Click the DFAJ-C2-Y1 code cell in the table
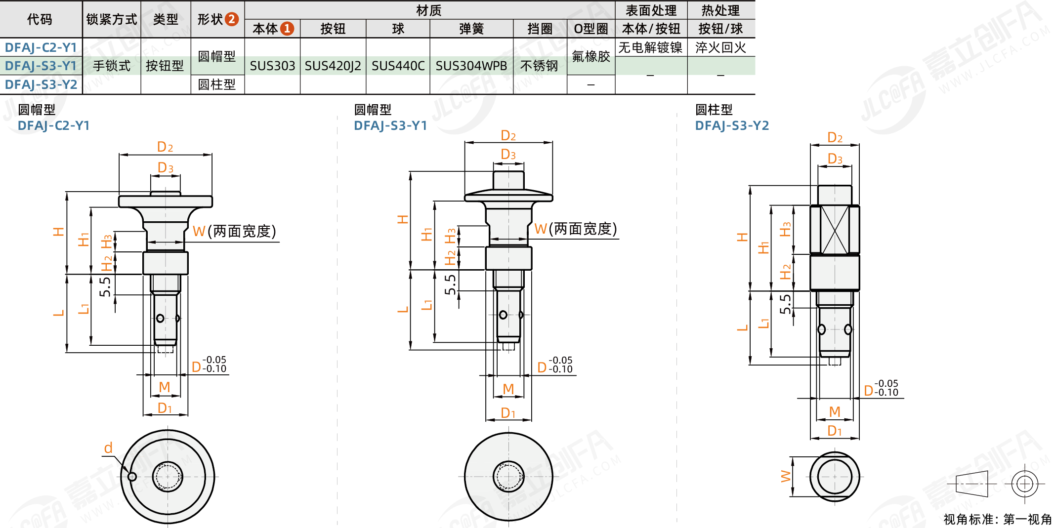[x=41, y=47]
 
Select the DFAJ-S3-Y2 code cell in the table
[x=41, y=84]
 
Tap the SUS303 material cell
[x=272, y=66]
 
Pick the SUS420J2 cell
[x=333, y=66]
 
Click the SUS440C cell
[x=398, y=66]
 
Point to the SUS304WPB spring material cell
[x=471, y=66]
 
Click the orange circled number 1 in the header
[x=287, y=29]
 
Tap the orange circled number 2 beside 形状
[x=232, y=19]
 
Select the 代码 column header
[x=40, y=19]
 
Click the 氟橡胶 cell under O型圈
[x=591, y=56]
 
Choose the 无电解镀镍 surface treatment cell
[x=650, y=47]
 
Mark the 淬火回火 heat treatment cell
[x=720, y=47]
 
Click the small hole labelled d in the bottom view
[x=132, y=477]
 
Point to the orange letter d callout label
[x=108, y=448]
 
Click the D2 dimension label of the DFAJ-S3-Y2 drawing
[x=835, y=137]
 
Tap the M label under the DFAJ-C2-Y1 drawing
[x=165, y=387]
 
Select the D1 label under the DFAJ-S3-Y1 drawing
[x=508, y=413]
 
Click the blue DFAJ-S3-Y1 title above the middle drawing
[x=390, y=125]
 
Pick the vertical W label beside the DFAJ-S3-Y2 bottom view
[x=785, y=476]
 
